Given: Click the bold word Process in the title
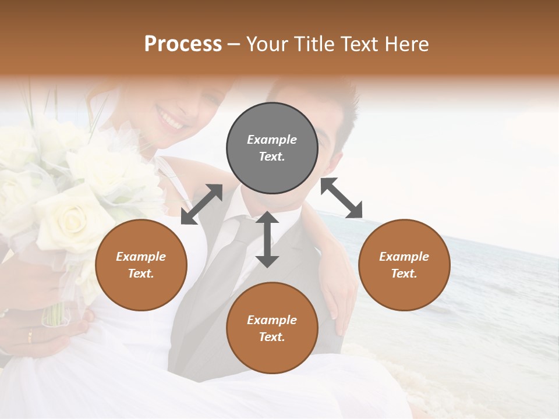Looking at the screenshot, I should (x=183, y=44).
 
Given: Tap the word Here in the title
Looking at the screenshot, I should (x=407, y=44).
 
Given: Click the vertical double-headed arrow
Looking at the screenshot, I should (x=267, y=240).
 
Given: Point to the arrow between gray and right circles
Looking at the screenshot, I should (x=341, y=198).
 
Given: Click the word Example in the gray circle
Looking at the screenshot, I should (x=272, y=140).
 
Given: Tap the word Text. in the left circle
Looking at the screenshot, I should (x=141, y=274).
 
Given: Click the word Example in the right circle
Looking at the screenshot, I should (x=404, y=257).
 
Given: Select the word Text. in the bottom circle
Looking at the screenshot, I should (x=272, y=337).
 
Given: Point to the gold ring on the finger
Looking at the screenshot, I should (x=30, y=336).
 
